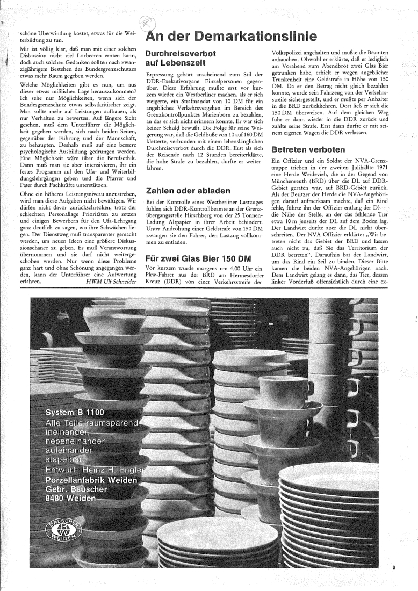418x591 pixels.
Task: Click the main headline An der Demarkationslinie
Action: coord(232,36)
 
